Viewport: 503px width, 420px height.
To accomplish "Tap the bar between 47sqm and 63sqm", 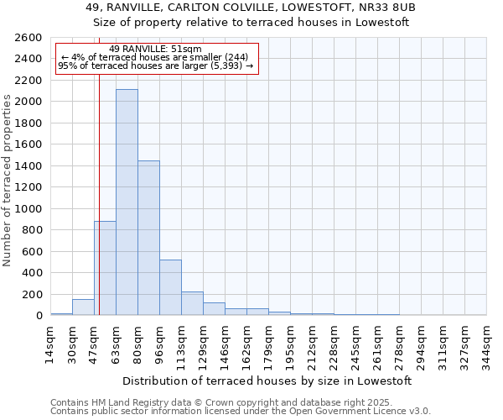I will pos(106,268).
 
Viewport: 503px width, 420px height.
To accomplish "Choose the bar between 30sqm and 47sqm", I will pos(83,307).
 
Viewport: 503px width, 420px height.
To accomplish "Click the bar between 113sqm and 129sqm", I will pos(192,303).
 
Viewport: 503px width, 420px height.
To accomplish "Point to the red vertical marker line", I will pos(99,193).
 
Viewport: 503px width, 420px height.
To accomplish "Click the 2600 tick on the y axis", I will pos(29,38).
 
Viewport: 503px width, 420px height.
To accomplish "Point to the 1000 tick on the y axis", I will pos(29,208).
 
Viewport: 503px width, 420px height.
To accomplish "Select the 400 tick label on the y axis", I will pos(32,273).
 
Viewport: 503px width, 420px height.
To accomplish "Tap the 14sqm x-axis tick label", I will pos(50,342).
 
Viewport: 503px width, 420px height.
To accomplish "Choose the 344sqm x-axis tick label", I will pos(486,342).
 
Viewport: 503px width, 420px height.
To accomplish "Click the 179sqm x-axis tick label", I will pos(268,342).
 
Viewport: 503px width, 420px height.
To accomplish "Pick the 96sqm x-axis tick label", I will pos(159,342).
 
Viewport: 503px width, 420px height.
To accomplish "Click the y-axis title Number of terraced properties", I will pos(8,181).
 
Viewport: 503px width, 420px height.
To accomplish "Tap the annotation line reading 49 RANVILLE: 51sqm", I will pos(155,50).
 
